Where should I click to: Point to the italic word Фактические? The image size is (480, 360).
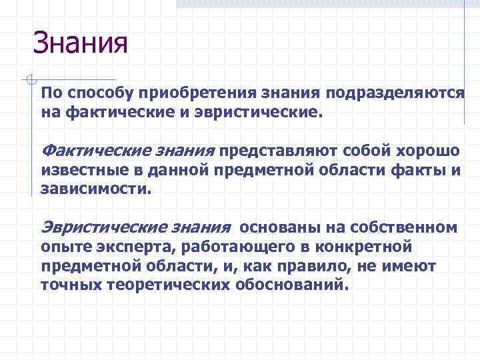[91, 151]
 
